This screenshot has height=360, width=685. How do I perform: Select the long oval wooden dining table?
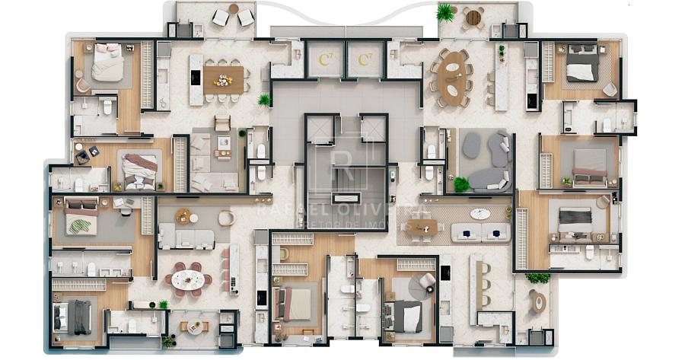tap(454, 76)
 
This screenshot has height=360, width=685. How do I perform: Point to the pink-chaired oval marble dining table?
tap(188, 279)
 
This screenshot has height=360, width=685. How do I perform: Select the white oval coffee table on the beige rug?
tap(480, 214)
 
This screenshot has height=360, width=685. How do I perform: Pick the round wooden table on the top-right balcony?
tap(473, 17)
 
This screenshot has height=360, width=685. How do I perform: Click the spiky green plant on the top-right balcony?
tap(445, 11)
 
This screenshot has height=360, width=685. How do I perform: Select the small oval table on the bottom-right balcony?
tap(539, 302)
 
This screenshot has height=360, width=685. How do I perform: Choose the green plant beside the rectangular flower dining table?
tap(264, 100)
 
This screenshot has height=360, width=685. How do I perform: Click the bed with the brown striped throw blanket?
tap(139, 169)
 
